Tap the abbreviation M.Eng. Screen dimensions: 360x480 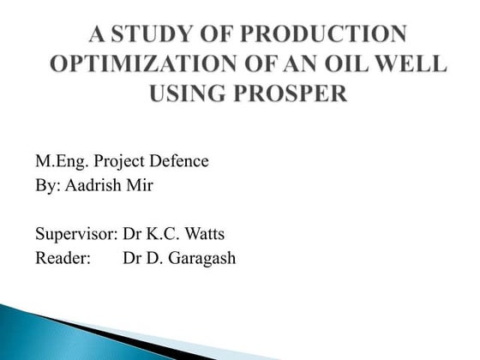(60, 160)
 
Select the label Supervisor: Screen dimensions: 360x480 (75, 234)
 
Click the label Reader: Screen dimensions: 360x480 (63, 257)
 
